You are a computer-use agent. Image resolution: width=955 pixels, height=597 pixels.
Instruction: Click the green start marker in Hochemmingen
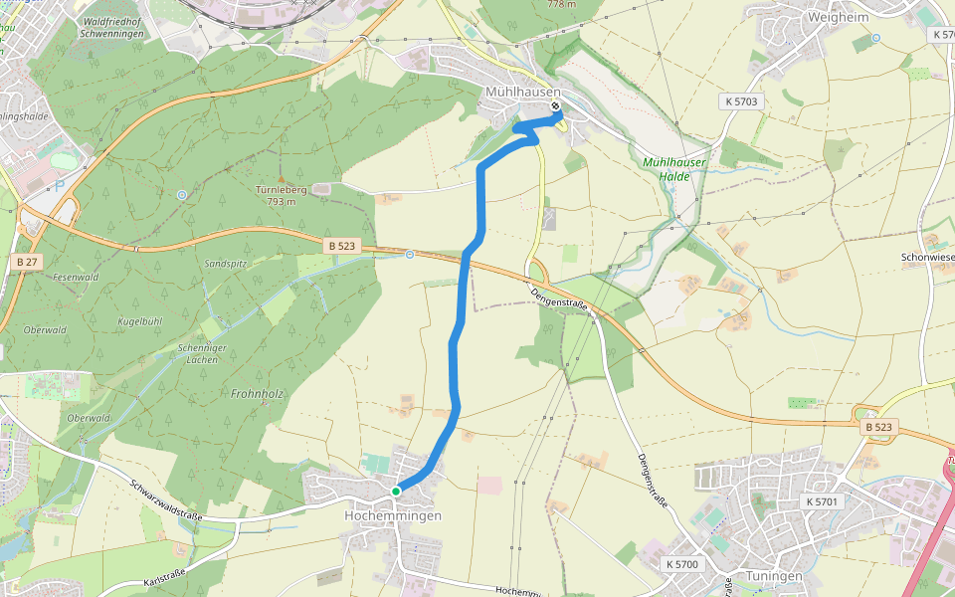[396, 491]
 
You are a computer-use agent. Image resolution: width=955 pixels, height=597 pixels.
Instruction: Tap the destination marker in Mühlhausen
[555, 107]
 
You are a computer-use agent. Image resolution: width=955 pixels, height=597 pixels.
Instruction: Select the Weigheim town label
[812, 17]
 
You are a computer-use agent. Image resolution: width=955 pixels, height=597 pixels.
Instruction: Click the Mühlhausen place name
[522, 92]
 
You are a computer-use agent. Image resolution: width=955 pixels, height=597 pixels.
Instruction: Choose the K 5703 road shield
[740, 101]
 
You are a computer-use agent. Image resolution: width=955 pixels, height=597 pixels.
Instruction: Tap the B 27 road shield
[27, 261]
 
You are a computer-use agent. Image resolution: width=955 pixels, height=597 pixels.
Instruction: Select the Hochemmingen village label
[392, 516]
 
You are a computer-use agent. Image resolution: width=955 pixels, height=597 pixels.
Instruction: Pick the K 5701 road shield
[823, 501]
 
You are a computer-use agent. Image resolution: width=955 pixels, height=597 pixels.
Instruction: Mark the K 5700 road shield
[681, 564]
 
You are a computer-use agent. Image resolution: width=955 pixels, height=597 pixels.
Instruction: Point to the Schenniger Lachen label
[202, 352]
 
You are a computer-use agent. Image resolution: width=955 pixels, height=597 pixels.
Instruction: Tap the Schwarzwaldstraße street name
[166, 501]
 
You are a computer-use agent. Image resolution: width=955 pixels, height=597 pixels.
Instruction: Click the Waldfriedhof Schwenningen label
[103, 27]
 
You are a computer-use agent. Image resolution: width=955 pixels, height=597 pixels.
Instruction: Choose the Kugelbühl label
[139, 321]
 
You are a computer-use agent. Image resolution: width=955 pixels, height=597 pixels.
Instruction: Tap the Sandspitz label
[225, 264]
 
